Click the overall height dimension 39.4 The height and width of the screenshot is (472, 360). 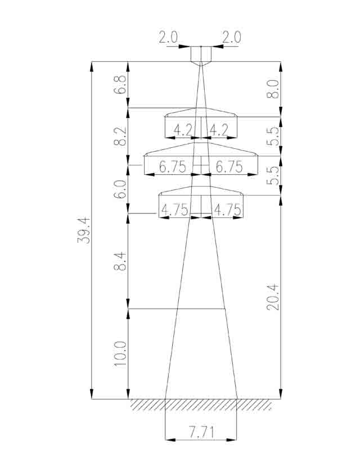(84, 230)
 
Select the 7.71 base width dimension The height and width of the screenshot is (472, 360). (201, 432)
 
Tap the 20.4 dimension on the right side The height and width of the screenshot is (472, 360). (273, 297)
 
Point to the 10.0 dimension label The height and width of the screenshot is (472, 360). (120, 353)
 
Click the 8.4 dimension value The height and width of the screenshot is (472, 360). (120, 261)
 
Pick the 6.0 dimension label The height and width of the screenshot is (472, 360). (120, 189)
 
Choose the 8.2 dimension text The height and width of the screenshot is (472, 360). (120, 137)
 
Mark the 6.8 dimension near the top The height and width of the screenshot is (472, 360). (120, 85)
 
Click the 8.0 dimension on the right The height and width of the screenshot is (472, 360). (273, 89)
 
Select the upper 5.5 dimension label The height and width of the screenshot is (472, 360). (273, 136)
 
